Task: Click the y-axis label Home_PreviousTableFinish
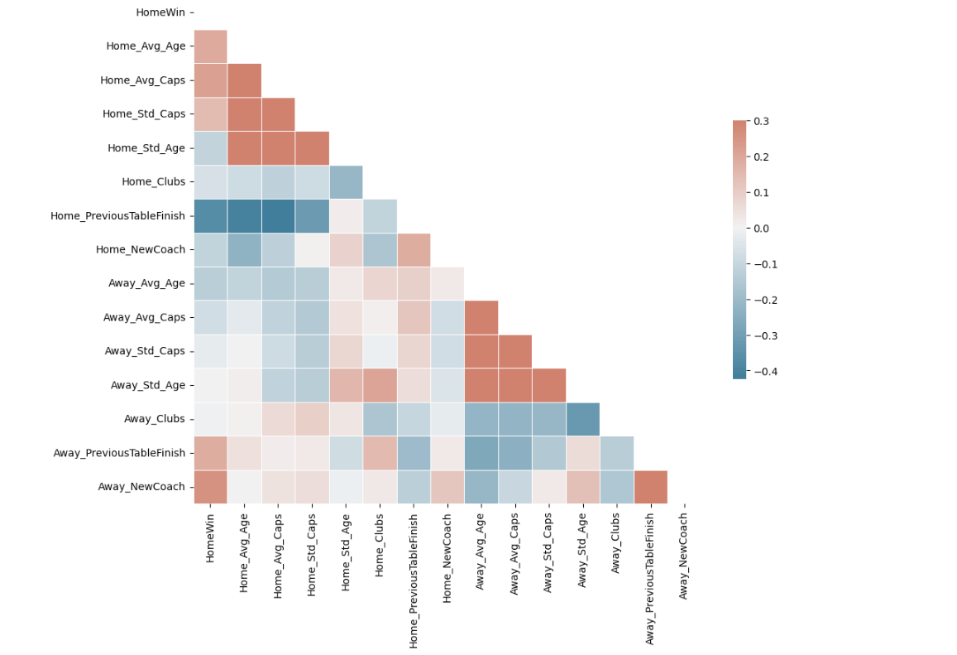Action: (x=118, y=215)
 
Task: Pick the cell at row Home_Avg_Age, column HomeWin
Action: (x=211, y=46)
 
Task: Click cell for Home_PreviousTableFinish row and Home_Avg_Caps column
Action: (x=278, y=215)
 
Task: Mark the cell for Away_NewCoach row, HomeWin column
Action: (x=211, y=487)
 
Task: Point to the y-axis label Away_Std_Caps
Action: (x=145, y=351)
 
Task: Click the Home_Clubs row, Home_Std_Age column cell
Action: (x=346, y=181)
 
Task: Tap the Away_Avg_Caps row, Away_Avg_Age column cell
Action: (x=481, y=317)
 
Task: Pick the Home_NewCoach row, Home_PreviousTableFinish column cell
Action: (x=414, y=249)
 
